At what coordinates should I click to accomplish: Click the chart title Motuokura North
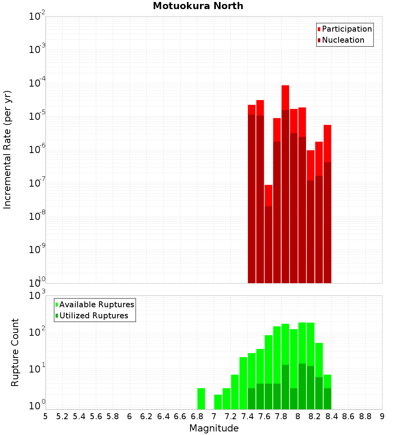pos(198,6)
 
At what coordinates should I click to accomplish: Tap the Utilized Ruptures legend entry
pos(93,316)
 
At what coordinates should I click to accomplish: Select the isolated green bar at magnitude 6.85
pos(201,399)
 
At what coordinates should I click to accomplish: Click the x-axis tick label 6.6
pos(180,416)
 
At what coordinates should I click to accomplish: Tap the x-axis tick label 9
pos(382,416)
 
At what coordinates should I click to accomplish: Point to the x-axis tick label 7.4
pos(247,416)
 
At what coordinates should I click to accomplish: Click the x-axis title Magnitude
pos(214,428)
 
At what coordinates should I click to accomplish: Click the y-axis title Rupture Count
pos(15,352)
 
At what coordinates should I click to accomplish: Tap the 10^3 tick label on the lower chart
pos(38,295)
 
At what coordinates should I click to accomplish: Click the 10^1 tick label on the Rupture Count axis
pos(38,369)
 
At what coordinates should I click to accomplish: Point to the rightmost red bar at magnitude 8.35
pos(327,198)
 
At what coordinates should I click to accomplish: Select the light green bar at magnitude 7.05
pos(218,402)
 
